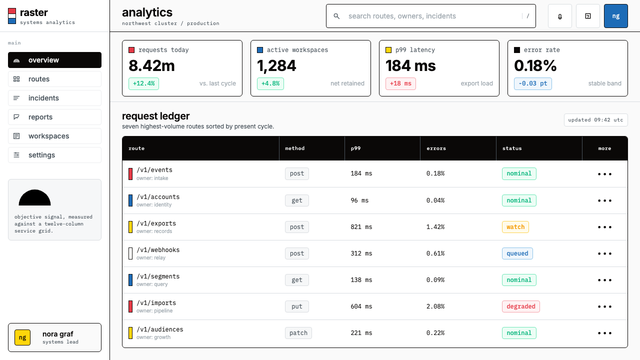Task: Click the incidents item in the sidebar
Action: [54, 98]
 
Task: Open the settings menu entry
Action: [54, 155]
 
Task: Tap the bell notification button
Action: [559, 16]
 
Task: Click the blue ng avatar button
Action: [615, 16]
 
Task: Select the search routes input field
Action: [430, 16]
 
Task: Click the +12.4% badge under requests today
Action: [143, 83]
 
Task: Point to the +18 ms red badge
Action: [400, 83]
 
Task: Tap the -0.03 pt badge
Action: [533, 83]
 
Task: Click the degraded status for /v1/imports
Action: [521, 306]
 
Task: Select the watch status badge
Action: [515, 227]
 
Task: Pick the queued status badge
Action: [517, 253]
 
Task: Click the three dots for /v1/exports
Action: [604, 227]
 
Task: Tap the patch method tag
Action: [298, 333]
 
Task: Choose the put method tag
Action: [297, 306]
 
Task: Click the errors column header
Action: [436, 148]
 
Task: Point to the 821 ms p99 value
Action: [361, 227]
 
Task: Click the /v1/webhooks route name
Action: [158, 249]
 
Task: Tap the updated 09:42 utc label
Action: [595, 120]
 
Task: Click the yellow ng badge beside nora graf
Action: [22, 337]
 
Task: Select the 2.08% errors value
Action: [435, 306]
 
